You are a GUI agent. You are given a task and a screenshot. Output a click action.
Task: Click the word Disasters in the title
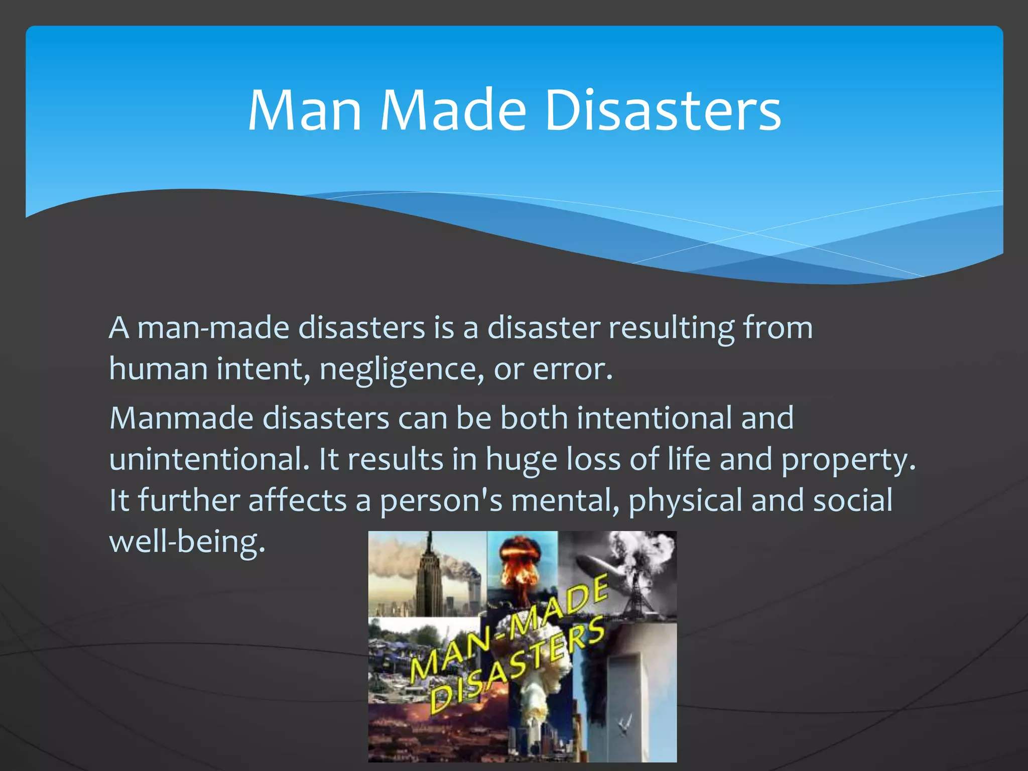663,110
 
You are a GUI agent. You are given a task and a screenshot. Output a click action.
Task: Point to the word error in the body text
572,369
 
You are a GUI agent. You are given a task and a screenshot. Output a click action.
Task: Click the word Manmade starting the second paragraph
181,418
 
